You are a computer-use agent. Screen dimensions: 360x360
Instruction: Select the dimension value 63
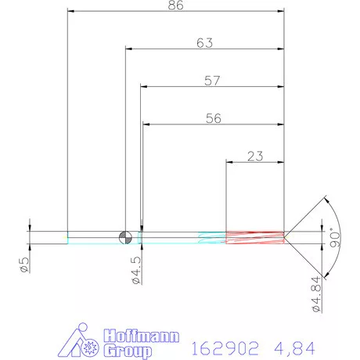(x=204, y=44)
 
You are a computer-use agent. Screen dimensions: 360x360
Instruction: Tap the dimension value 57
(x=211, y=81)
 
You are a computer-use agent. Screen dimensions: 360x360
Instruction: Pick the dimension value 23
(x=254, y=156)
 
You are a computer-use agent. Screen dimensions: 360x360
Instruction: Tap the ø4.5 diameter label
(x=135, y=266)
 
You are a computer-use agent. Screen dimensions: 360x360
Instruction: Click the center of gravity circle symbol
(x=125, y=237)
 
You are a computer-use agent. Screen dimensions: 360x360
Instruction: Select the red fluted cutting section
(x=254, y=237)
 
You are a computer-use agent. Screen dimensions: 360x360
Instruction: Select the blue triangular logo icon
(x=76, y=339)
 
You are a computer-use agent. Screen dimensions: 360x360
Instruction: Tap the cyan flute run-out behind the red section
(x=211, y=237)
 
